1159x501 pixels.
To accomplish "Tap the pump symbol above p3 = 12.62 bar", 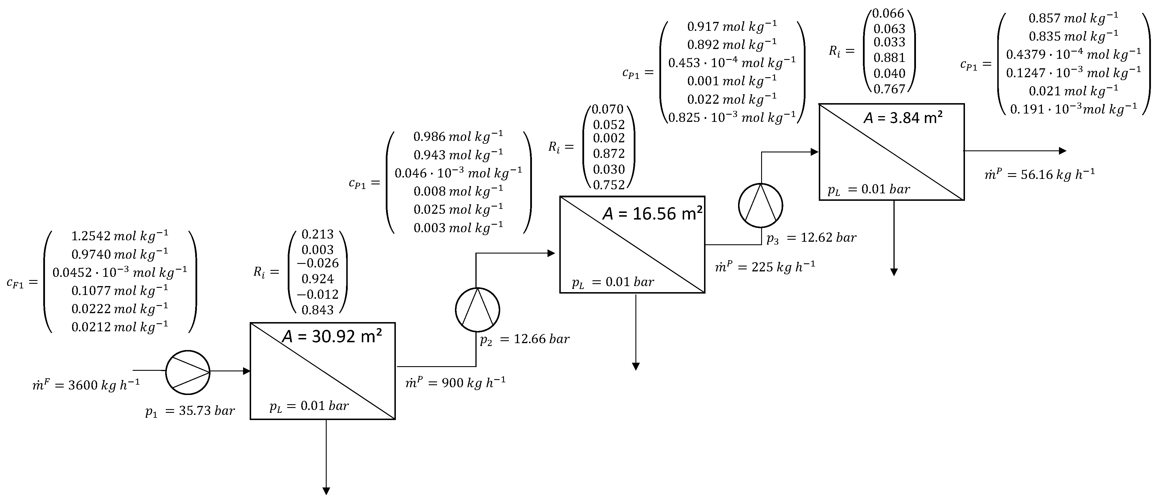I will click(x=760, y=205).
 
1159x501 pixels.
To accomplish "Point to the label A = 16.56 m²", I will click(x=652, y=213).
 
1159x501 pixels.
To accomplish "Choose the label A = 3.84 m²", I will click(x=903, y=118).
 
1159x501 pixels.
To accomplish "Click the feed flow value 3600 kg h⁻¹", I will click(x=104, y=385).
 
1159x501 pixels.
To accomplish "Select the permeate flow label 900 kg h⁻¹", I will click(x=473, y=383).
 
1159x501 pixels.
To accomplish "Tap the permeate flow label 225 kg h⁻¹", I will click(x=783, y=267).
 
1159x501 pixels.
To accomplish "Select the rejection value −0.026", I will click(x=318, y=263).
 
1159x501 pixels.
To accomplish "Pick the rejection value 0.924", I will click(x=318, y=279).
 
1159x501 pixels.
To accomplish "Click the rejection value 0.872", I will click(x=609, y=154).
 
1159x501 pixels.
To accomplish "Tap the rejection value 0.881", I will click(x=889, y=58).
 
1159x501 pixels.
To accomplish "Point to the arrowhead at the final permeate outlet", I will click(x=1062, y=151).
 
